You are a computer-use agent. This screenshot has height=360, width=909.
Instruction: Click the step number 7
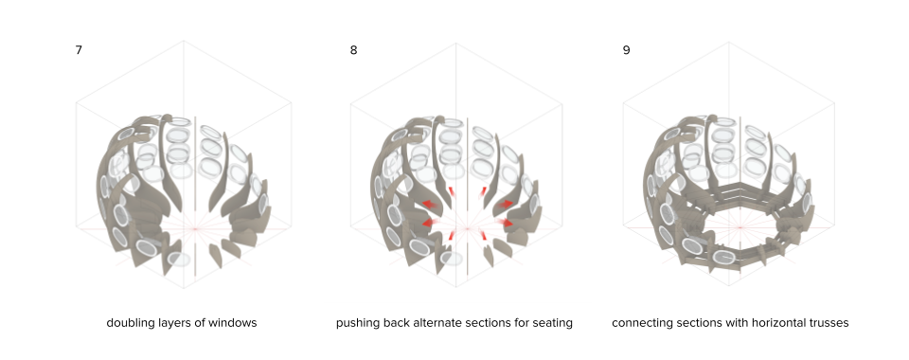79,50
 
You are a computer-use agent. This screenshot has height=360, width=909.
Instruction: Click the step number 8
353,50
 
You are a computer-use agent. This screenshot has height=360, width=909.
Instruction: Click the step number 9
626,50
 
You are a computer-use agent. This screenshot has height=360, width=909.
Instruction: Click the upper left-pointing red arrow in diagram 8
430,204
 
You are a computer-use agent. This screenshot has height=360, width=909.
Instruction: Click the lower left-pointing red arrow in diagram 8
431,224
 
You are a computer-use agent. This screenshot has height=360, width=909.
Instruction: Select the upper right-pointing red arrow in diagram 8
505,204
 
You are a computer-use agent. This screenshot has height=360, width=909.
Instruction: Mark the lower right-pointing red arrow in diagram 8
505,224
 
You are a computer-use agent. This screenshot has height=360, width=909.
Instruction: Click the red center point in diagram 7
195,229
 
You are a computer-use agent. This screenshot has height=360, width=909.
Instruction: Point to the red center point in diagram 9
740,227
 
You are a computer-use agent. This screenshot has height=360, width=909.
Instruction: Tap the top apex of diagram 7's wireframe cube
184,41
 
